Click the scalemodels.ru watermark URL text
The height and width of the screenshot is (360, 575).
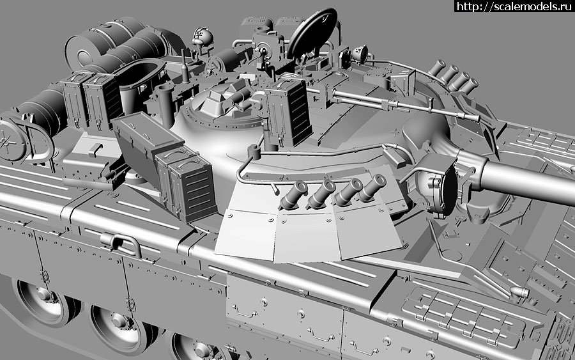click(x=514, y=6)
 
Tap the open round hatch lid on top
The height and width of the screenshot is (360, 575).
click(x=312, y=33)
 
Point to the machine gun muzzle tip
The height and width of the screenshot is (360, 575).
click(x=475, y=118)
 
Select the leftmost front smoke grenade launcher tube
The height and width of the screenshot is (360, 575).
click(x=293, y=194)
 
